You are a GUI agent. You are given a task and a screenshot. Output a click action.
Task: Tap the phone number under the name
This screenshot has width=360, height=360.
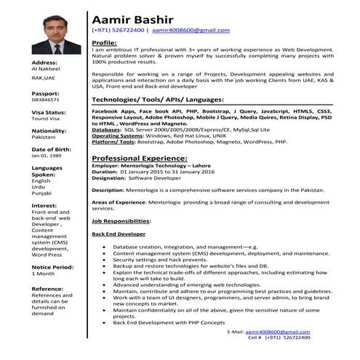[x=118, y=31]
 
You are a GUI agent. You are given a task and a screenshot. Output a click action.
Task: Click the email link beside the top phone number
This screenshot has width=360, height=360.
[x=191, y=31]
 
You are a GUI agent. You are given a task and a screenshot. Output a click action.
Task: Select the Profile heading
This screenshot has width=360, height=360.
[x=105, y=44]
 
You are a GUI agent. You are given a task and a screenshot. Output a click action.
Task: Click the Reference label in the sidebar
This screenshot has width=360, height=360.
[x=48, y=289]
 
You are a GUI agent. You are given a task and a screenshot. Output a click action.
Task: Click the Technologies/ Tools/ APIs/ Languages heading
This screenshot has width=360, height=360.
[x=153, y=98]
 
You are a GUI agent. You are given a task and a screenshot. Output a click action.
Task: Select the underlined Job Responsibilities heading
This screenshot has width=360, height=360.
[x=121, y=220]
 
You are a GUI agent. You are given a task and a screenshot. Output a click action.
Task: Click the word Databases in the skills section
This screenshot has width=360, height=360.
[x=111, y=129]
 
